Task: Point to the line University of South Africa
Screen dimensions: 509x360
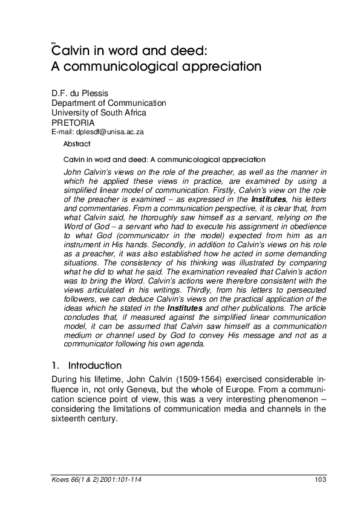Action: tap(99, 112)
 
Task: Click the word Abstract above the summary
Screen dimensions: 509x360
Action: tap(77, 144)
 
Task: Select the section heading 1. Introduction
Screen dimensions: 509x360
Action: tap(87, 365)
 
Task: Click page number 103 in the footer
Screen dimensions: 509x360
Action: tap(321, 480)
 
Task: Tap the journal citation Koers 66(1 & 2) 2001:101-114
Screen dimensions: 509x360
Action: tap(94, 480)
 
